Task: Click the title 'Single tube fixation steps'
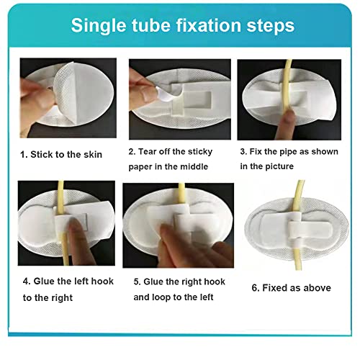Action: (x=182, y=25)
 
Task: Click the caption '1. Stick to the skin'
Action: (x=61, y=154)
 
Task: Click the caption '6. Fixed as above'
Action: (x=291, y=288)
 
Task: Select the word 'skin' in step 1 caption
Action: (x=91, y=154)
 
